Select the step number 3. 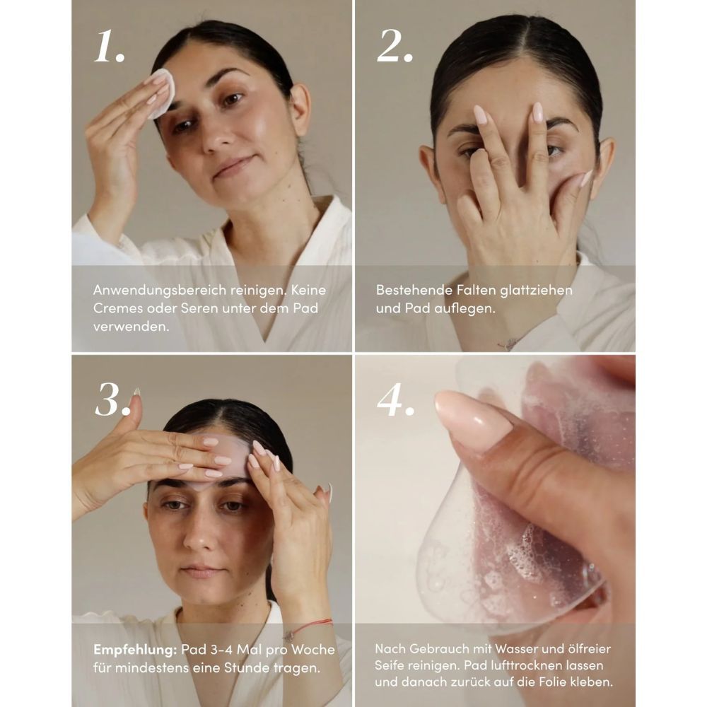click(x=112, y=401)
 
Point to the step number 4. click(x=394, y=401)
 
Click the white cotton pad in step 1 click(x=162, y=93)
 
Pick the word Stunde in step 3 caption click(x=243, y=667)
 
